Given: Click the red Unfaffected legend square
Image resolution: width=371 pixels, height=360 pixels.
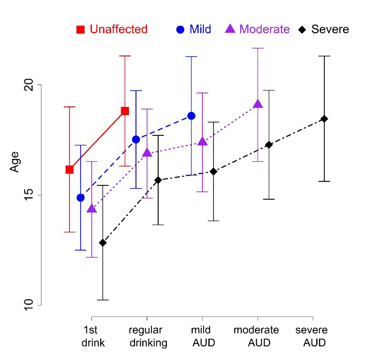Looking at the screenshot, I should pyautogui.click(x=81, y=30).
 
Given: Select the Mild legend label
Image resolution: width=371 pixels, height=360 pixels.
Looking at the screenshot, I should pyautogui.click(x=200, y=29).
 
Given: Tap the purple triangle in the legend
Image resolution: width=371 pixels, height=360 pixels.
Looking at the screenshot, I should pyautogui.click(x=231, y=29).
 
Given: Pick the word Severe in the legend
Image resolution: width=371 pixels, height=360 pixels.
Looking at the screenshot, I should pyautogui.click(x=330, y=29).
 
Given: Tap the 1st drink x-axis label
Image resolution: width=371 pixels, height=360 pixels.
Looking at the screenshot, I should pyautogui.click(x=91, y=337).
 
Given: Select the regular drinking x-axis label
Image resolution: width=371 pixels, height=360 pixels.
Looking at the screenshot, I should pyautogui.click(x=147, y=337).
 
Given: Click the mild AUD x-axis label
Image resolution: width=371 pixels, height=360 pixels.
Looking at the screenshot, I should pyautogui.click(x=202, y=337).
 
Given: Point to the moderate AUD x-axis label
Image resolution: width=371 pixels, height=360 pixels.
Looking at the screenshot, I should pyautogui.click(x=258, y=337).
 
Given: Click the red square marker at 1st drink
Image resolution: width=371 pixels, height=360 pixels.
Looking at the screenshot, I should pyautogui.click(x=69, y=169).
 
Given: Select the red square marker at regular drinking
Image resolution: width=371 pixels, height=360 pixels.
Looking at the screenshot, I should pyautogui.click(x=125, y=111).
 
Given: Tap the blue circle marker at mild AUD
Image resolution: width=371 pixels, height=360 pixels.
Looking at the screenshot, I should pyautogui.click(x=191, y=116).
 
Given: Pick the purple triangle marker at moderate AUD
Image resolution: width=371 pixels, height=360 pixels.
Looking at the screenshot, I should pyautogui.click(x=258, y=104).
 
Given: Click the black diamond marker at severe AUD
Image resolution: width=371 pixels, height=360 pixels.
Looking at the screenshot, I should pyautogui.click(x=324, y=119).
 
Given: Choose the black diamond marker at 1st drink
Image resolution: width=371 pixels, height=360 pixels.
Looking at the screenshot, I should pyautogui.click(x=103, y=243).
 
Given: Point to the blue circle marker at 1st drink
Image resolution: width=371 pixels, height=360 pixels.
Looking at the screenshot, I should pyautogui.click(x=81, y=197).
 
